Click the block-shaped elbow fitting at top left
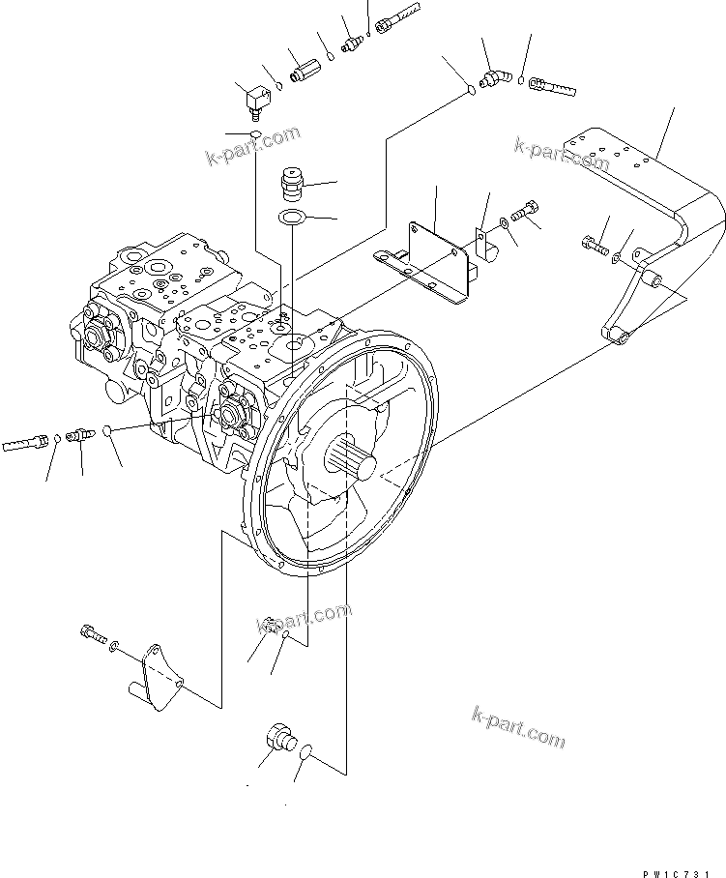pyautogui.click(x=255, y=98)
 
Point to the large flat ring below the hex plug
pyautogui.click(x=292, y=216)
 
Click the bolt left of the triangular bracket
pyautogui.click(x=90, y=635)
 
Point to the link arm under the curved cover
pyautogui.click(x=632, y=297)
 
